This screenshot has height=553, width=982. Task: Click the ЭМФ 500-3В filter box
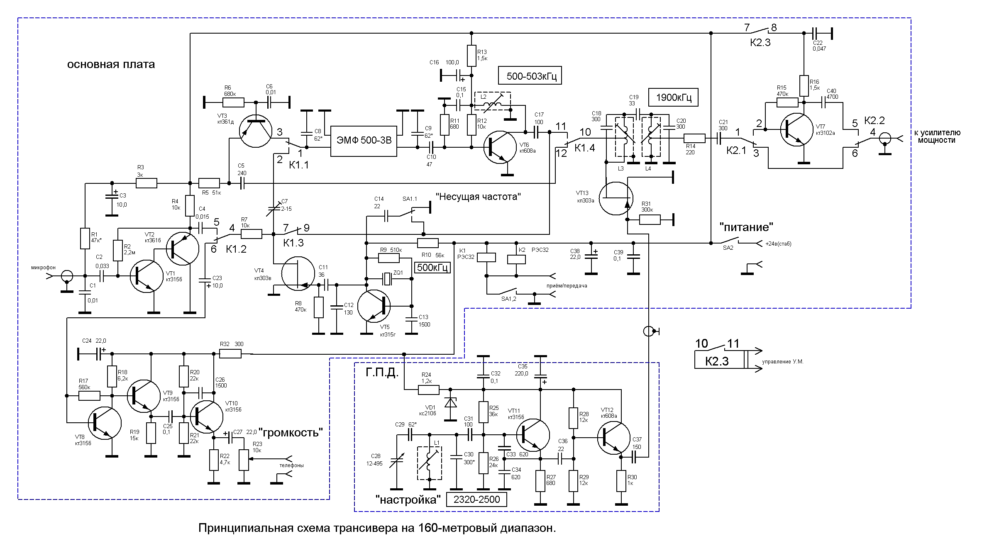tap(364, 141)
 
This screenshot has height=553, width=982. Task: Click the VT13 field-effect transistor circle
tap(616, 198)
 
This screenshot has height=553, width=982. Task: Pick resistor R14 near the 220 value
tap(694, 139)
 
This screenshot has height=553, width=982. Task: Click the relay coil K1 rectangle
tap(486, 257)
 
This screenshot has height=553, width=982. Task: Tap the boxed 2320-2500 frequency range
tap(476, 499)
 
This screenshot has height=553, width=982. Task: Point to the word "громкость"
tap(291, 432)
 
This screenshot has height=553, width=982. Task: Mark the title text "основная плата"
tap(111, 64)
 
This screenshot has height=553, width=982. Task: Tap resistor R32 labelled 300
tap(230, 353)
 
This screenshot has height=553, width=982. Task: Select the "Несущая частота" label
tap(478, 197)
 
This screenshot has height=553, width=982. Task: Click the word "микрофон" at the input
tap(43, 268)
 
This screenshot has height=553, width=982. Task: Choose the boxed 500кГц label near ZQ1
tap(433, 267)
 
